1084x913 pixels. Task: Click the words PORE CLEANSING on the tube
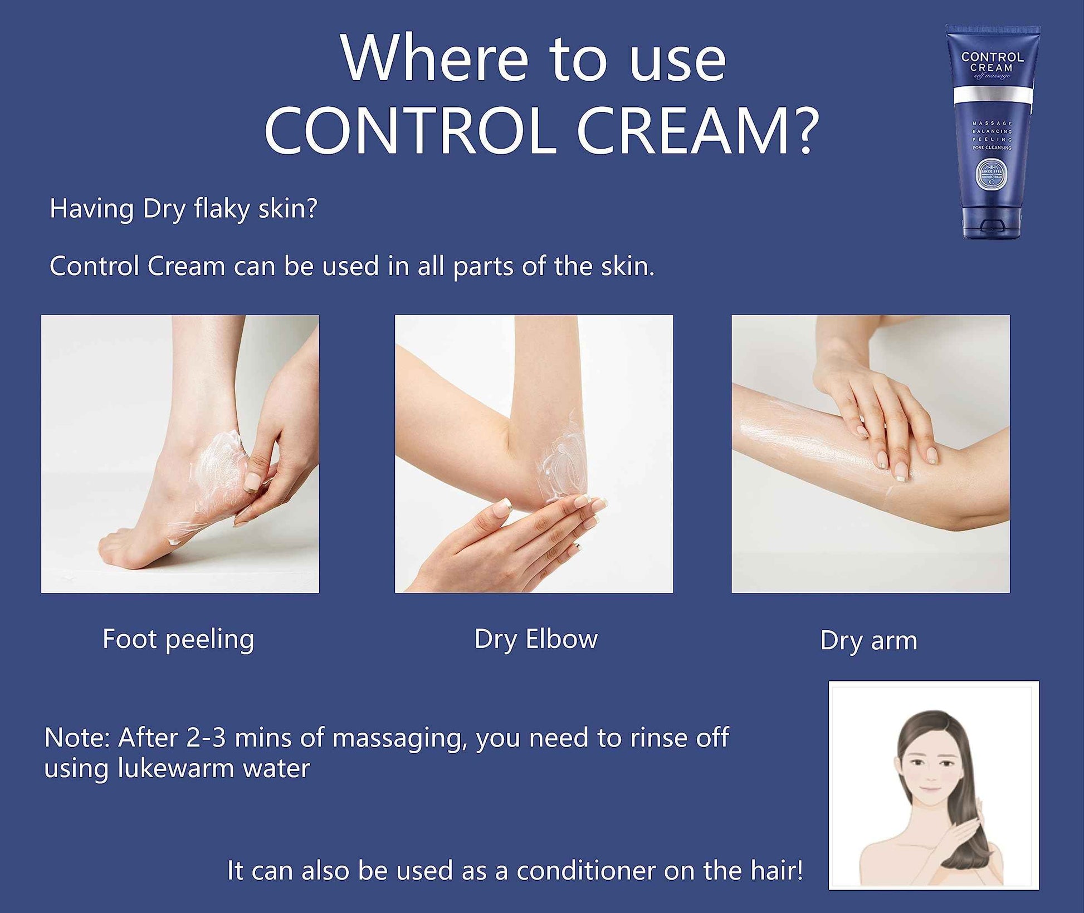[x=992, y=148]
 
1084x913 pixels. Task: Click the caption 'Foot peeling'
[x=178, y=639]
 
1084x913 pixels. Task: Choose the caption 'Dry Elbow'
[x=536, y=639]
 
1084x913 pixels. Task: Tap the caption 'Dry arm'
[x=868, y=640]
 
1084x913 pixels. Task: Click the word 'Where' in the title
[x=434, y=58]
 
